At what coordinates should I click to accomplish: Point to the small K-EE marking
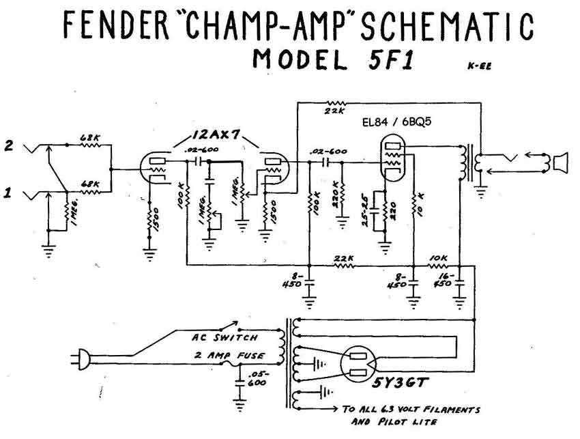(x=480, y=66)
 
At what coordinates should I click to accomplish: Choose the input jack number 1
(x=9, y=193)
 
